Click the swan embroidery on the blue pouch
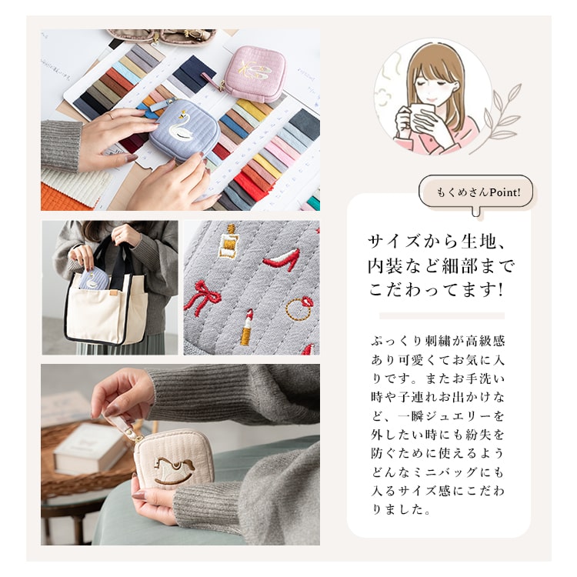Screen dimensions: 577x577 coord(182,133)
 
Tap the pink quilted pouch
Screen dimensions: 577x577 coord(254,74)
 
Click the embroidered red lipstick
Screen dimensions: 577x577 coord(248,327)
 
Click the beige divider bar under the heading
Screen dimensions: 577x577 coord(442,315)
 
